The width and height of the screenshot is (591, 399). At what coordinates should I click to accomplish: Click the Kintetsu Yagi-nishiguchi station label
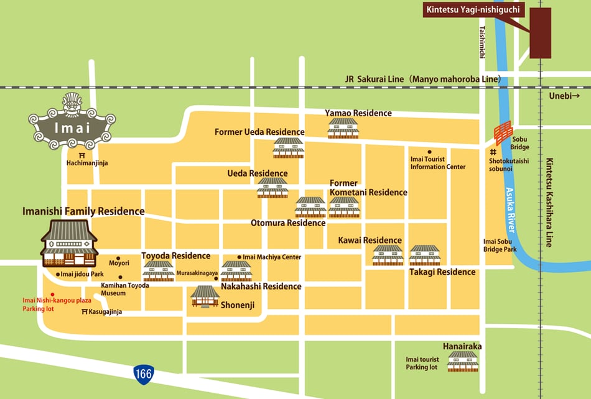point(473,10)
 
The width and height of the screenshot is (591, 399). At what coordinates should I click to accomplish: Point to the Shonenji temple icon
point(205,296)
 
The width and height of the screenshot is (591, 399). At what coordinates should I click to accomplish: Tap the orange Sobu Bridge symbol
point(503,133)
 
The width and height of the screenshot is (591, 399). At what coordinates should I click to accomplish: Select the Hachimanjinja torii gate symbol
point(82,154)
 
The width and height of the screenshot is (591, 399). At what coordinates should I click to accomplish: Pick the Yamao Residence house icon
point(343,128)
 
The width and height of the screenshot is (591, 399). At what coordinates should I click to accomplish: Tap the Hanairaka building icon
point(462,361)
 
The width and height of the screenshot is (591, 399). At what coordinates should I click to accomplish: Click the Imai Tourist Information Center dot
point(429,151)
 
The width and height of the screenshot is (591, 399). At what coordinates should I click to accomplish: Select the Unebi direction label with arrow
point(564,96)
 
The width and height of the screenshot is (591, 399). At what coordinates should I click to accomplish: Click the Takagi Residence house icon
point(425,255)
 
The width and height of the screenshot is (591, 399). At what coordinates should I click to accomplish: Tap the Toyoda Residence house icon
point(159,270)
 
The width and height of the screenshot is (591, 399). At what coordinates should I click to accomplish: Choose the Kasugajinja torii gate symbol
point(85,311)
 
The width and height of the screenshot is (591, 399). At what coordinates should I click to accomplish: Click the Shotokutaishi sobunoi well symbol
point(493,152)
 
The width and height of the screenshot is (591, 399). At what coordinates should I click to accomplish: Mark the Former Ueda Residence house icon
point(289,148)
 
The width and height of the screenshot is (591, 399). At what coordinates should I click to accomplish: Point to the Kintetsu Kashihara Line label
point(549,202)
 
